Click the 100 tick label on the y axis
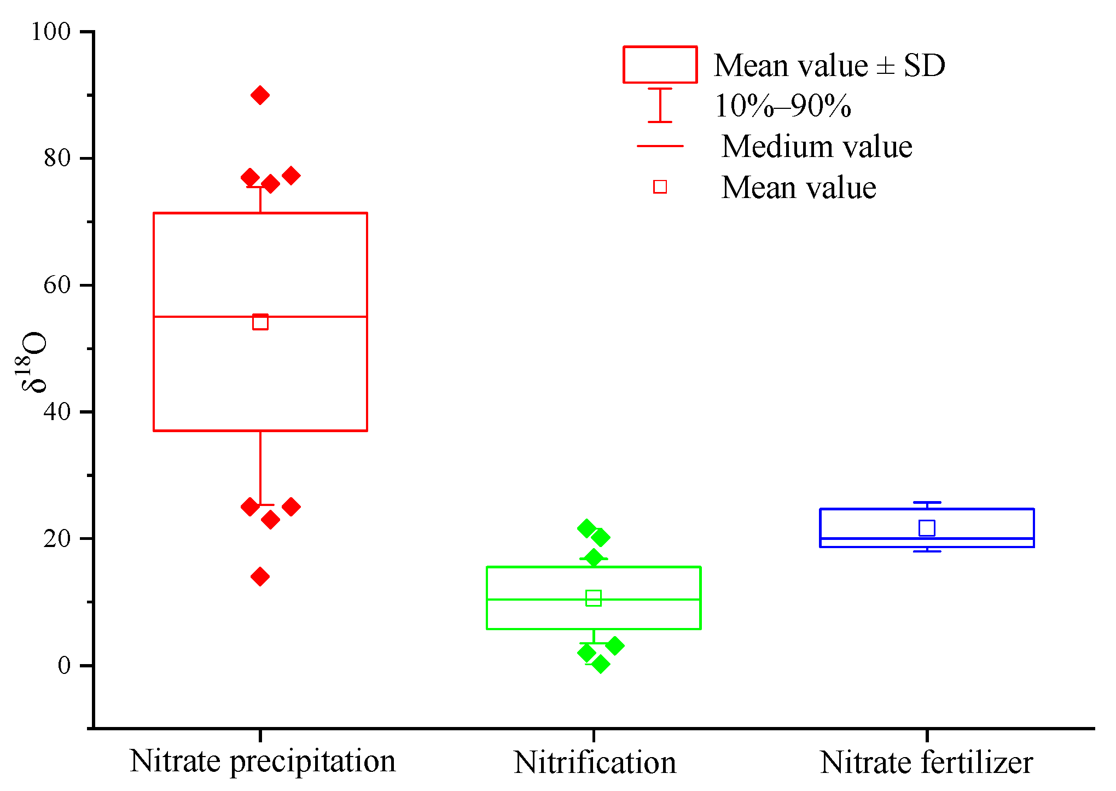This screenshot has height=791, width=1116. click(51, 32)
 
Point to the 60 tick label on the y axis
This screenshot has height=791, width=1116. click(57, 285)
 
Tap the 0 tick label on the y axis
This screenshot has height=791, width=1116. click(65, 665)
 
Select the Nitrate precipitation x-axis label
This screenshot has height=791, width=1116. click(263, 761)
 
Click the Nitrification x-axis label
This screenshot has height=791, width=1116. click(595, 763)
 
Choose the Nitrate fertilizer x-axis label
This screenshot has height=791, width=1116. click(926, 763)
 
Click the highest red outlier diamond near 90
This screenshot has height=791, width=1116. click(260, 95)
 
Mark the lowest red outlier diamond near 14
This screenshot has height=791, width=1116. click(260, 577)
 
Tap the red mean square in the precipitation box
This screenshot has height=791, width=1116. click(260, 322)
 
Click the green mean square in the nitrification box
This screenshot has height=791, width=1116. click(594, 598)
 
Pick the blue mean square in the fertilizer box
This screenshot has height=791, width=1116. click(927, 528)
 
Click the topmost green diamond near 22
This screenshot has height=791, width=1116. click(586, 528)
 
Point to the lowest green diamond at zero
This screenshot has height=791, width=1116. click(600, 664)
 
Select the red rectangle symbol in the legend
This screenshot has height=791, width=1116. click(660, 65)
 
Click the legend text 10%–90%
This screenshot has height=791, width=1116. click(783, 106)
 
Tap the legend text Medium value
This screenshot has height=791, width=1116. click(817, 147)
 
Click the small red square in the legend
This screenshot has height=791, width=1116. click(660, 187)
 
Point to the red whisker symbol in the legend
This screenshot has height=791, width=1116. click(660, 105)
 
